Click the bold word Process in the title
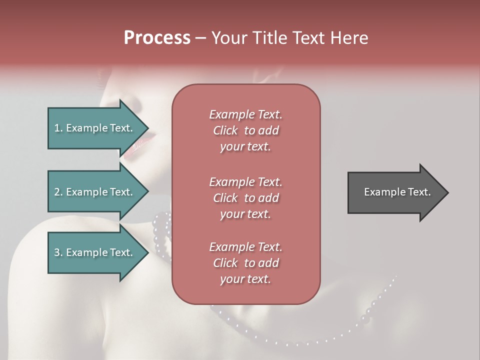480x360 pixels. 157,38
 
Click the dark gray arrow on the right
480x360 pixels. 395,192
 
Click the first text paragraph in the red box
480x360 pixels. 245,130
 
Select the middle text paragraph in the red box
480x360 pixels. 245,198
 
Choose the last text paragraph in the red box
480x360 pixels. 245,263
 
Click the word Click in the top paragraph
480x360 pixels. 225,130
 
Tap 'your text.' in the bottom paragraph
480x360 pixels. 245,279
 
